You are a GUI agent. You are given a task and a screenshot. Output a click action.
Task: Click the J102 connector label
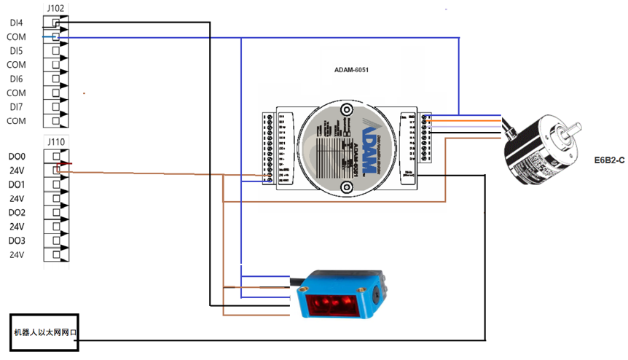(x=55, y=8)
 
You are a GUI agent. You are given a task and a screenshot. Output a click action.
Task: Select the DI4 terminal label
(x=16, y=23)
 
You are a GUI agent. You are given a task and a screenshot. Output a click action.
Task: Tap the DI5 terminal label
(x=16, y=51)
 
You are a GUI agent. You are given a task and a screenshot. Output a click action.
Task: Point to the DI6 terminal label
(x=16, y=79)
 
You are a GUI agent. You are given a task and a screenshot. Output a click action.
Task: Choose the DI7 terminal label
(x=16, y=107)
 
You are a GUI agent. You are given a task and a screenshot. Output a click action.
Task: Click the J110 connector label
(x=55, y=141)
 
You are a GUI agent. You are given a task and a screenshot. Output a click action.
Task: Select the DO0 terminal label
(x=17, y=157)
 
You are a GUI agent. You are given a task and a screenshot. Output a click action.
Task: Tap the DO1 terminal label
(x=17, y=184)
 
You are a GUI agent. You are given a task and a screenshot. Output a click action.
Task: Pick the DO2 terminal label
(x=17, y=212)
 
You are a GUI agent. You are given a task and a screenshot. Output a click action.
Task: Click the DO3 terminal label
(x=17, y=240)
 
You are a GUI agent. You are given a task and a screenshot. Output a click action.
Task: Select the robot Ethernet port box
(x=45, y=332)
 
